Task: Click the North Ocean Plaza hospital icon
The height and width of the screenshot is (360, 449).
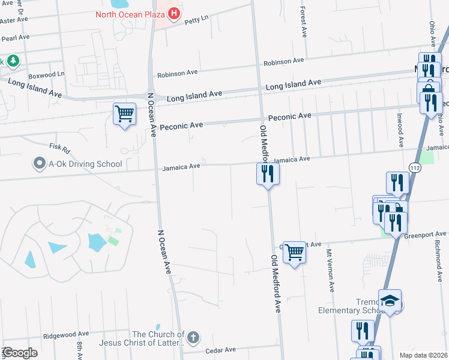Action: coord(174,13)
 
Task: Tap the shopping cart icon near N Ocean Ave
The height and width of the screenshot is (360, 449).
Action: coord(124,113)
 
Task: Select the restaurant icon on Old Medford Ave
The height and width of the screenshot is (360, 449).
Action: coord(268,174)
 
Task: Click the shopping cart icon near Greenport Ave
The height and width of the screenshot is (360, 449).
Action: coord(294,252)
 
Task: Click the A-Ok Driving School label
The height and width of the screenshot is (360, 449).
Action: coord(85,164)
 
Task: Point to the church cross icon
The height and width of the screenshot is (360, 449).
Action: coord(193,338)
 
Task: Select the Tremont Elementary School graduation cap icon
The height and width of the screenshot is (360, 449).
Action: coord(390,301)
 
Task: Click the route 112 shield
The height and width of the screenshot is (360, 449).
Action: coord(415,169)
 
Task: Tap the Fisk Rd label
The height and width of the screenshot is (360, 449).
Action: coord(60,146)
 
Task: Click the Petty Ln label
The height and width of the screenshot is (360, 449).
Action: coord(196,19)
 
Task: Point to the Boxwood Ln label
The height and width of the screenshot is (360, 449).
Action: coord(46,75)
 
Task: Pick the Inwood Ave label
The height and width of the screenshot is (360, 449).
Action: coord(400,133)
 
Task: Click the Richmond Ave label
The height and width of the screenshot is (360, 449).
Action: coord(437,254)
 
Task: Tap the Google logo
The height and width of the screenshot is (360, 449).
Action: coord(20,353)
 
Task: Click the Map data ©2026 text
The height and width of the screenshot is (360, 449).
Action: coord(423,355)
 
